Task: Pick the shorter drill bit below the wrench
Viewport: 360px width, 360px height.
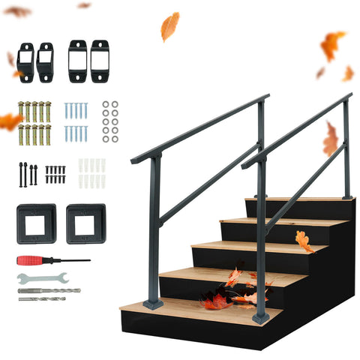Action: pyautogui.click(x=40, y=299)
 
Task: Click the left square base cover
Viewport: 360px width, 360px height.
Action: pyautogui.click(x=36, y=223)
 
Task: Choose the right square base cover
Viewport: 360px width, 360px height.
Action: pyautogui.click(x=85, y=223)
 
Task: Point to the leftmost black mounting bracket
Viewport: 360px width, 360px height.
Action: pyautogui.click(x=25, y=61)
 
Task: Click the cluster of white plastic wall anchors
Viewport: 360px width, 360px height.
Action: pyautogui.click(x=91, y=173)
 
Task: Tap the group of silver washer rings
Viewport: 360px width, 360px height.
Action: pyautogui.click(x=110, y=121)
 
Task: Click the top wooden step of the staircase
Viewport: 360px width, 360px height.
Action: pyautogui.click(x=300, y=199)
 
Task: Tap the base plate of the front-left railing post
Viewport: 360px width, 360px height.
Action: pyautogui.click(x=154, y=304)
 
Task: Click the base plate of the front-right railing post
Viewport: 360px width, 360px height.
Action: pyautogui.click(x=260, y=318)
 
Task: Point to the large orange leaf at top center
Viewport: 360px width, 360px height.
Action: pyautogui.click(x=170, y=26)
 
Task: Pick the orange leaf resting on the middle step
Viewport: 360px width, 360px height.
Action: pyautogui.click(x=304, y=241)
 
